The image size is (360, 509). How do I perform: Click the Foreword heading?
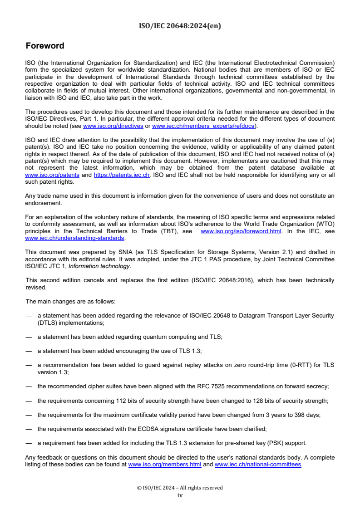45,46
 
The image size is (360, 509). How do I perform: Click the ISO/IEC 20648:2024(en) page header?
180,26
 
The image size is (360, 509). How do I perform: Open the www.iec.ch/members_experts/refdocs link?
204,125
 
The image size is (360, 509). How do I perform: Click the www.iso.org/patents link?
52,174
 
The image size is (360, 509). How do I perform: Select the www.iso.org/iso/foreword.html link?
241,231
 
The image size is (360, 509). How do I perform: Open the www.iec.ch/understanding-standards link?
75,238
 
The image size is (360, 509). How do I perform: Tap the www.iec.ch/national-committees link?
258,465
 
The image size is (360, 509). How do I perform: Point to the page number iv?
180,495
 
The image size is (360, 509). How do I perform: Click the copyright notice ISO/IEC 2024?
180,488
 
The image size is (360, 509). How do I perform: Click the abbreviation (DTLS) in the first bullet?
47,323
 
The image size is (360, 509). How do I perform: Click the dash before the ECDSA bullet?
29,429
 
